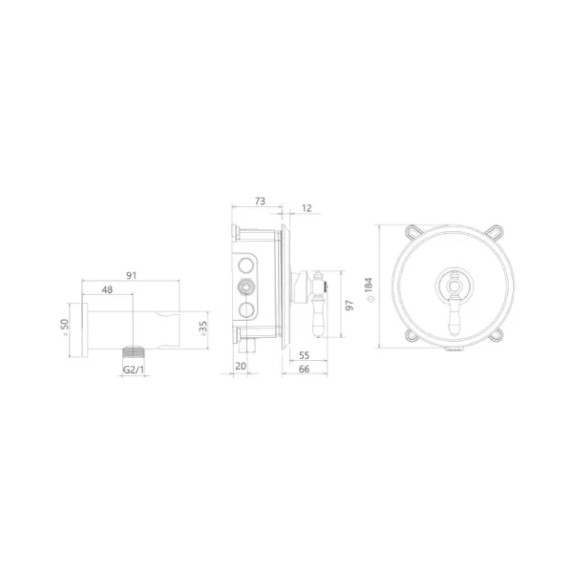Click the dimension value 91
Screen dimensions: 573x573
coord(131,275)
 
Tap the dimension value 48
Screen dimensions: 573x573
coord(107,289)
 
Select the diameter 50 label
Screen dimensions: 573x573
coord(65,327)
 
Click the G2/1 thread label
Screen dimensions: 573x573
coord(134,370)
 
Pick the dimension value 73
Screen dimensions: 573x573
coord(260,202)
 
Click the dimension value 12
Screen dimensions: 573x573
coord(307,208)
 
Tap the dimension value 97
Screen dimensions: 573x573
coord(350,305)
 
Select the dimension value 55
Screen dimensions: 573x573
coord(304,355)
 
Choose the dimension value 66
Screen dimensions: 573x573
coord(304,369)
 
